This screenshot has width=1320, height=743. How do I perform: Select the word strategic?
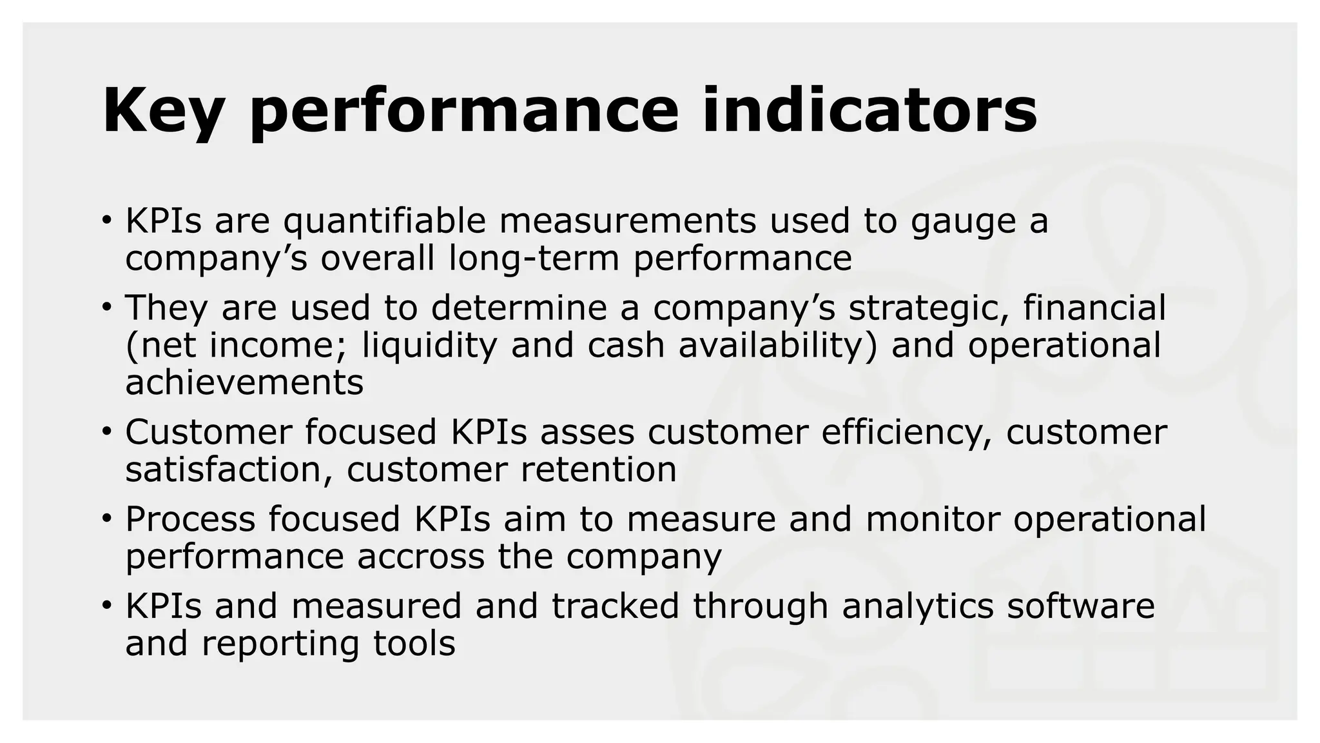(920, 308)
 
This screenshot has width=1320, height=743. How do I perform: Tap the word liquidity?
(429, 345)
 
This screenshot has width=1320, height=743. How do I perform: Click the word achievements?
(244, 382)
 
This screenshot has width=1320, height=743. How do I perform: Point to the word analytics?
(918, 607)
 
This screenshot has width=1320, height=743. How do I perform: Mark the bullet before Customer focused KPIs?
(106, 430)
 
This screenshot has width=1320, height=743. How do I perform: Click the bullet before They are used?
(106, 306)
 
